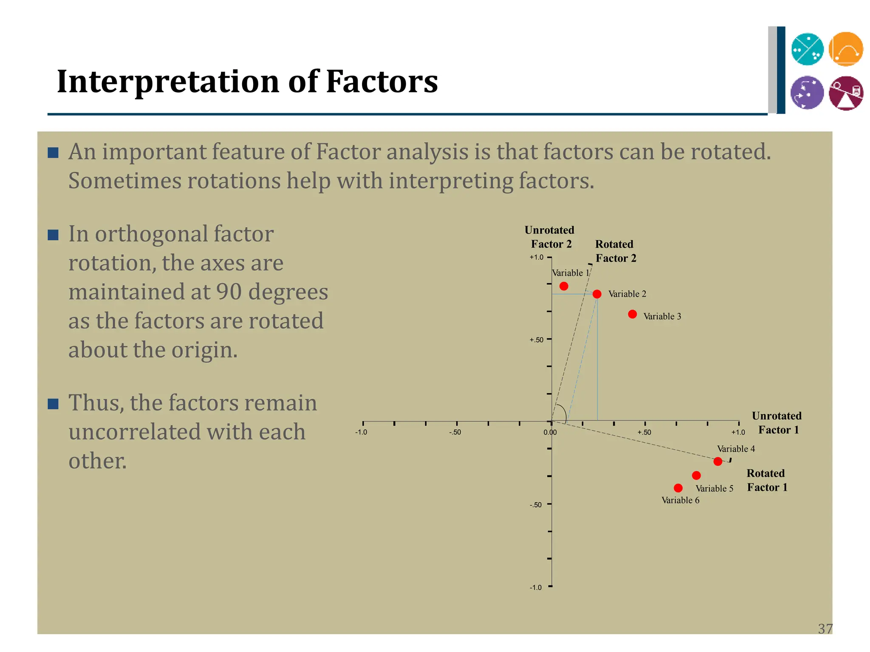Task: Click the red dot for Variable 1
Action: [x=564, y=286]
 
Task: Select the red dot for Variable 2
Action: [x=597, y=294]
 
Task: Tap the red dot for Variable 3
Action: [x=632, y=314]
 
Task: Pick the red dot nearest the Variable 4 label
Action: [x=718, y=461]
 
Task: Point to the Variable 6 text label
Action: [x=680, y=500]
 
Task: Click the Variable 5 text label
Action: [x=714, y=489]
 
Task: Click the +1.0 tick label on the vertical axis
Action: [x=536, y=257]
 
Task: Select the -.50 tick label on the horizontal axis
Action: [x=455, y=433]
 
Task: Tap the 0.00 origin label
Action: [x=550, y=433]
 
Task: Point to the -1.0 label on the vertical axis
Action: [x=536, y=587]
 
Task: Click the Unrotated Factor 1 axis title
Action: [x=777, y=423]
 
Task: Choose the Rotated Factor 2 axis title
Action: [x=615, y=251]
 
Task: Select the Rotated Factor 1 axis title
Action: [x=766, y=480]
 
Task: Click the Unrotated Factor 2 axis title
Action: [x=550, y=237]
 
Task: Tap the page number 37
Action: [x=825, y=629]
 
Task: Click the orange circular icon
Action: [x=846, y=49]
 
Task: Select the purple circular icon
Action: [x=807, y=93]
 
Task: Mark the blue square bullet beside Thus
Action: [x=53, y=404]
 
